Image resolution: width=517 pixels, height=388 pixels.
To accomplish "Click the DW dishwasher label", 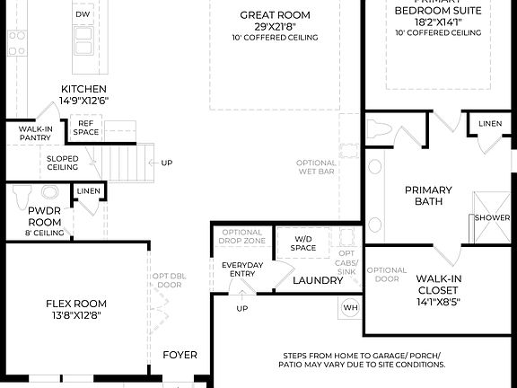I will click(x=83, y=14).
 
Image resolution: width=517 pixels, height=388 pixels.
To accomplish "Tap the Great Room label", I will click(x=276, y=14).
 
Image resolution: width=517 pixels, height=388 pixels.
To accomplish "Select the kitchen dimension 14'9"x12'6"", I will click(x=83, y=101).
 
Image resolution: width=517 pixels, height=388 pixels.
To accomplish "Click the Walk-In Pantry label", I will click(x=35, y=134).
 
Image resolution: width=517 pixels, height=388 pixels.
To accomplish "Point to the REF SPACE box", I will click(x=87, y=128).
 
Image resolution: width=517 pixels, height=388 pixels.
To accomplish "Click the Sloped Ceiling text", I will click(x=62, y=163).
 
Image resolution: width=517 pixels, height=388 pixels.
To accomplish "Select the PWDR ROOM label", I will click(x=43, y=216).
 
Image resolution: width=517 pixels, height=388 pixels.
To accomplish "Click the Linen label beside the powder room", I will click(x=88, y=191).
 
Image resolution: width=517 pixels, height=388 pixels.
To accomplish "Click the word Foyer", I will click(x=180, y=355).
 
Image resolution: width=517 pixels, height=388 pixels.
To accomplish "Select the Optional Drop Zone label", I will click(x=241, y=237).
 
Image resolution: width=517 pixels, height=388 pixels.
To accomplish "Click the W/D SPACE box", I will click(x=303, y=242).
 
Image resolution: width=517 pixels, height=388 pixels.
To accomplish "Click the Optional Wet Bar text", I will click(x=316, y=168).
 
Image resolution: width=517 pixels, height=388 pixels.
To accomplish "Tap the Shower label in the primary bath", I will click(x=494, y=218).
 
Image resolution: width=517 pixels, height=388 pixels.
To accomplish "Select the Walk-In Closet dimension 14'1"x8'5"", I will click(x=439, y=303).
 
